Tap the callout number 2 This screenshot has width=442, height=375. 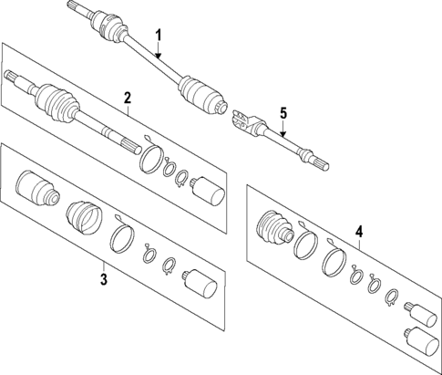coord(128,97)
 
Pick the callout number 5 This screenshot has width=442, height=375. coord(283,113)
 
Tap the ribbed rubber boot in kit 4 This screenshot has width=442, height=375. coord(275,228)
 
